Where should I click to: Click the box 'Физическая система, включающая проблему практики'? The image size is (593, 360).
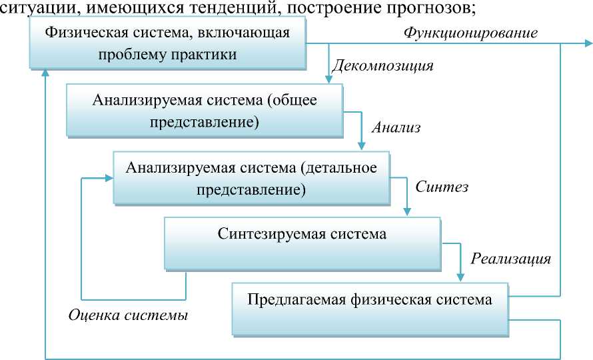pos(167,43)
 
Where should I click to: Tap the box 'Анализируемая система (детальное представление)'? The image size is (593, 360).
pos(251,179)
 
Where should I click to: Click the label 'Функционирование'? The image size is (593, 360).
pos(472,32)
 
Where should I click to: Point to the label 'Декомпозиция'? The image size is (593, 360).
pos(382,66)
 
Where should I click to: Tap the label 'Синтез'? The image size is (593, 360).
pos(442,187)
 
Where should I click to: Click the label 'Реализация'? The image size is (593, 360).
pos(510,258)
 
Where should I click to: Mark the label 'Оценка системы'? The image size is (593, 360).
pos(128,315)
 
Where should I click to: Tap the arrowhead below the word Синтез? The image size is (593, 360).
pos(407,213)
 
